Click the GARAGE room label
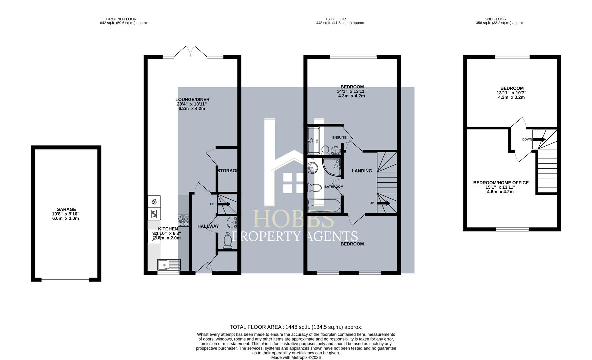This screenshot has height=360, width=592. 66,209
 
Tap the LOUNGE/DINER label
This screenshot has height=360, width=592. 192,100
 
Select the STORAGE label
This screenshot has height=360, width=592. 228,171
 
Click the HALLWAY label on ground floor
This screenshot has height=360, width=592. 208,226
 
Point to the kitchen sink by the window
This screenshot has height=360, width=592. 169,265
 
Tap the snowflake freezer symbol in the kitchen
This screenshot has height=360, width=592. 154,202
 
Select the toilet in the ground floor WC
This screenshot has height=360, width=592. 228,241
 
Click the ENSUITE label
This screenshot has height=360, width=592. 339,138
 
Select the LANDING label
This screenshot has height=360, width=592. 362,171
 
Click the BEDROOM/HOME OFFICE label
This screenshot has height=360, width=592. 501,183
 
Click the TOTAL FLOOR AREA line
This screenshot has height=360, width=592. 296,327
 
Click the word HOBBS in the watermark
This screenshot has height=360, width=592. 294,219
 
